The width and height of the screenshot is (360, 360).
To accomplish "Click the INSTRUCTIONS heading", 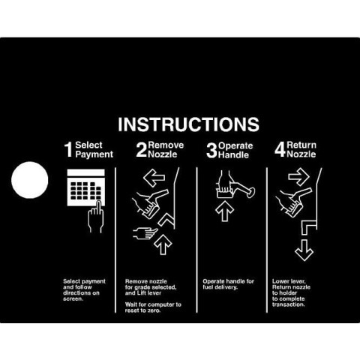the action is click(188, 124).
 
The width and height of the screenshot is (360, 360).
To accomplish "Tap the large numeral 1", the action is click(68, 149).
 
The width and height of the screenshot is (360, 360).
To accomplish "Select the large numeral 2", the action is click(142, 149).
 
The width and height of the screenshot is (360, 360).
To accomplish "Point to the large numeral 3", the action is click(211, 151).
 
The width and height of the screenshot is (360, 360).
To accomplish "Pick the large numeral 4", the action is click(280, 149).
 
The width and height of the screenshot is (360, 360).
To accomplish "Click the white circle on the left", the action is click(30, 180).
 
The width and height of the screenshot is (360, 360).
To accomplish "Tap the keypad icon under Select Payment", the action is click(86, 187).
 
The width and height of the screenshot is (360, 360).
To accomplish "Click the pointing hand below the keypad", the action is click(96, 217).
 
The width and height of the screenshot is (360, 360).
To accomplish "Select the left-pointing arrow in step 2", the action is click(154, 178).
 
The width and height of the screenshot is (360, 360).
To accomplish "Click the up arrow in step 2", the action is click(163, 244).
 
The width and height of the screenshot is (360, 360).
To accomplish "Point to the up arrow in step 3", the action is click(224, 211).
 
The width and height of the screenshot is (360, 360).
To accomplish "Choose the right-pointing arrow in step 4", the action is click(298, 177).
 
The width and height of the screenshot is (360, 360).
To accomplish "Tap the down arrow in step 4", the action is click(304, 250).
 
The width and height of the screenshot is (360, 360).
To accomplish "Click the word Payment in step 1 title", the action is click(94, 154).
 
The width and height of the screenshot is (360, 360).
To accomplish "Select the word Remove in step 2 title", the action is click(166, 145).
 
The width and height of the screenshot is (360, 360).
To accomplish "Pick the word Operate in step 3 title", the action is click(235, 146).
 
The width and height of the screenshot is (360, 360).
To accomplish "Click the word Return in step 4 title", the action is click(301, 145).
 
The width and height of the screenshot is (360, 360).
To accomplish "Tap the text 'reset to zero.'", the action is click(142, 310).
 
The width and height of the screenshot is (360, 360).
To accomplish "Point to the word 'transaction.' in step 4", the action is click(289, 304).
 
